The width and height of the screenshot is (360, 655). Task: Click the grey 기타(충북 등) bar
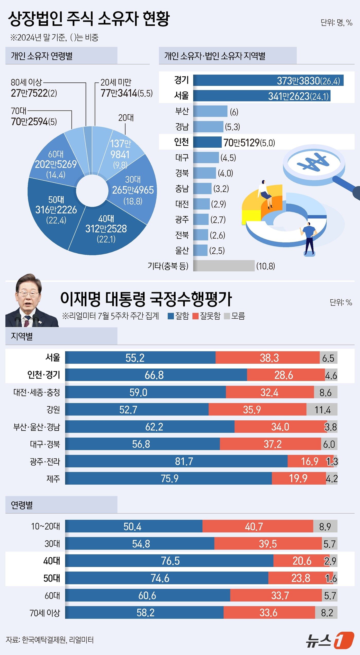click(223, 265)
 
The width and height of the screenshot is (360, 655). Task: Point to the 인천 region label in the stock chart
click(181, 142)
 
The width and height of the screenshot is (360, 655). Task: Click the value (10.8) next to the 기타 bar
click(265, 266)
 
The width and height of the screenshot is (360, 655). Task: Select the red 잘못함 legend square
click(195, 316)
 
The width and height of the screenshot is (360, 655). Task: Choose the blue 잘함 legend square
click(171, 316)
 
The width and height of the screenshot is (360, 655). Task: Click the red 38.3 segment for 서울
click(269, 357)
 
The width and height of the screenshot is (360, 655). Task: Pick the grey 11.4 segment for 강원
click(322, 409)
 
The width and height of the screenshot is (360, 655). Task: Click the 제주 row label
click(53, 478)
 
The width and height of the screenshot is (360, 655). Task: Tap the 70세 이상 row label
click(45, 613)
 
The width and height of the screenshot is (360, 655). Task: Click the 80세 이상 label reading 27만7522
click(34, 93)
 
